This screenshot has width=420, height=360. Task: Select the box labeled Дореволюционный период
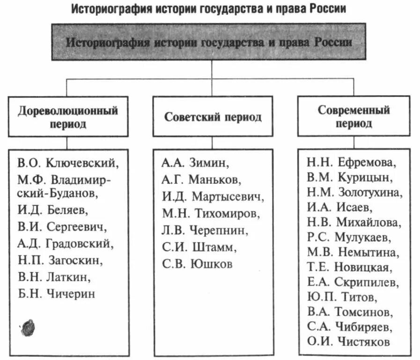click(x=68, y=117)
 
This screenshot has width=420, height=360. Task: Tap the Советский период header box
click(x=213, y=117)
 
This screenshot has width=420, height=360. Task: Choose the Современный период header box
click(x=354, y=117)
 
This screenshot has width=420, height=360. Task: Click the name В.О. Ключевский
click(x=68, y=163)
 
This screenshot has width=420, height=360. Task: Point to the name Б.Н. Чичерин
click(x=57, y=293)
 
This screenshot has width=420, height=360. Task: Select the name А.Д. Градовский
click(x=66, y=244)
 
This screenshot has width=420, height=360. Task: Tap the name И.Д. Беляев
click(x=52, y=210)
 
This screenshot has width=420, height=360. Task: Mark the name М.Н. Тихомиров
click(x=210, y=214)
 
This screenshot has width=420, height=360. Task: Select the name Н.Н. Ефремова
click(x=352, y=163)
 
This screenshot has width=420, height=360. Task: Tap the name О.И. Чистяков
click(x=348, y=342)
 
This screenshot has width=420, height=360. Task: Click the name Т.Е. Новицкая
click(x=348, y=267)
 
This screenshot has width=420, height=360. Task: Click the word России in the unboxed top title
click(x=327, y=9)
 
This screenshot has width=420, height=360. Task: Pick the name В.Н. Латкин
click(x=54, y=277)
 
